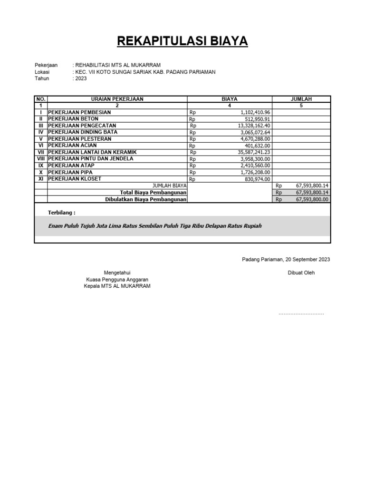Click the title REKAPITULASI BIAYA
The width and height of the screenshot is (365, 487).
pos(182,41)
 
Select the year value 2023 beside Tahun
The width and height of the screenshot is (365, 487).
pos(81,78)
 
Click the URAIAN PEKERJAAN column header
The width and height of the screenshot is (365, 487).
pos(117,99)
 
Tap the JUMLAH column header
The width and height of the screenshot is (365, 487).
pos(301,99)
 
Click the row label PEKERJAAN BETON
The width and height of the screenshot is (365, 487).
pos(73,119)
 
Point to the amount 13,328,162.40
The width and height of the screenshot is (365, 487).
pos(254,126)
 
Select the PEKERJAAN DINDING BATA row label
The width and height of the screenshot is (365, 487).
pos(83,132)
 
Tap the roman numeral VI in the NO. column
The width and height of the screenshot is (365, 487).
pos(41,146)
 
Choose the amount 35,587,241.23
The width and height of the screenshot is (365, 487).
pos(254,152)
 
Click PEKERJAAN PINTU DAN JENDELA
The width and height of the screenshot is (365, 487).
pos(91,159)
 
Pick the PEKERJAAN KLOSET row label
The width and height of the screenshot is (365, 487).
pos(75,179)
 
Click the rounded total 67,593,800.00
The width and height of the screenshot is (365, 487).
pos(312,200)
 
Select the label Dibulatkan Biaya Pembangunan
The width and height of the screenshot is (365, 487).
pos(145,200)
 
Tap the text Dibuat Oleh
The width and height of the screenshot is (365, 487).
pos(301,273)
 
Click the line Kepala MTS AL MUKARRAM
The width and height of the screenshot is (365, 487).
pos(117,286)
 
